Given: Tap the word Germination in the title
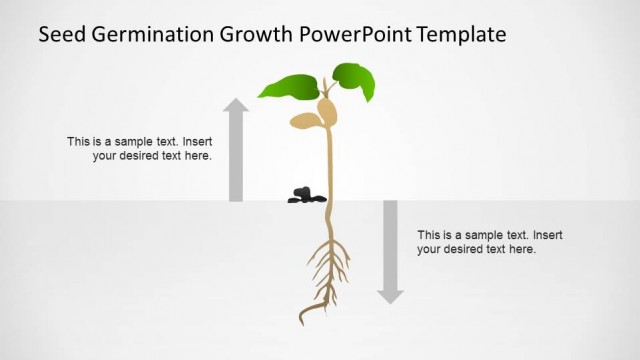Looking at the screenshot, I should tap(145, 36).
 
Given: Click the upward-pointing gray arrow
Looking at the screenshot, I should tap(236, 150).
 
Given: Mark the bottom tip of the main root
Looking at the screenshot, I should tap(302, 323).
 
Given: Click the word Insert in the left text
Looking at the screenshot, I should tap(194, 142).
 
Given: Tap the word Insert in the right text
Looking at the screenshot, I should tap(544, 235).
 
